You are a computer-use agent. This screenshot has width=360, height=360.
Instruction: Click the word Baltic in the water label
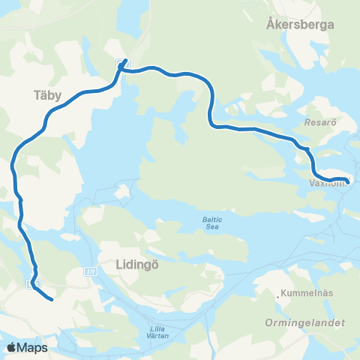211,219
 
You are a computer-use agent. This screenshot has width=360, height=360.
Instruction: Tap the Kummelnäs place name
307,294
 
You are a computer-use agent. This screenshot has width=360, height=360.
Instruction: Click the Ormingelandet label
304,322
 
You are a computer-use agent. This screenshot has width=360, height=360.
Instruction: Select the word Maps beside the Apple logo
32,347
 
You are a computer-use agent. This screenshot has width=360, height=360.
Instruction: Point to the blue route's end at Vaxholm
346,180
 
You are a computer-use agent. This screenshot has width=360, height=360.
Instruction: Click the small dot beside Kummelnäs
278,298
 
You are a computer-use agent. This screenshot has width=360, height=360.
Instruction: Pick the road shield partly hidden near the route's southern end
29,284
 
